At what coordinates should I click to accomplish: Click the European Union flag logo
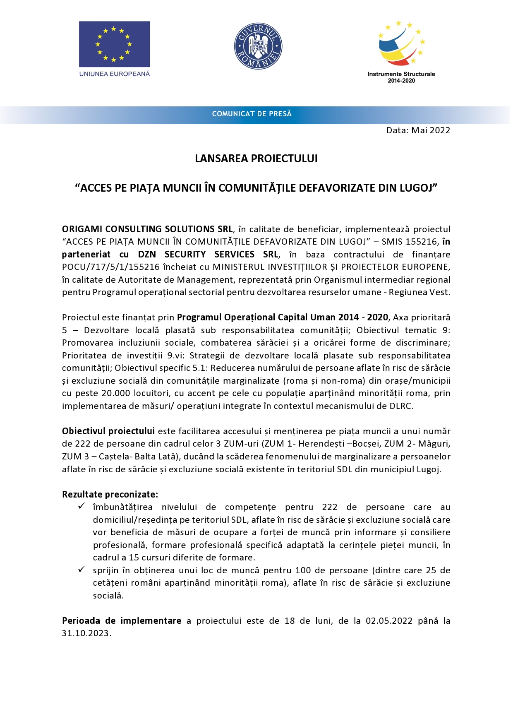[x=114, y=44]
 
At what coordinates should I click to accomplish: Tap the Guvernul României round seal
[x=258, y=46]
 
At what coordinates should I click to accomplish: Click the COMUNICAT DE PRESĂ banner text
[x=252, y=114]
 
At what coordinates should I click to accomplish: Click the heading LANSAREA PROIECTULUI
[x=256, y=159]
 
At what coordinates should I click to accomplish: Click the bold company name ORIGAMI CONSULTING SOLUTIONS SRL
[x=147, y=229]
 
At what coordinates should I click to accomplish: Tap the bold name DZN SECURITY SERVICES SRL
[x=208, y=255]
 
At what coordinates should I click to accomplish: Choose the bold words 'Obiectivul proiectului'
[x=108, y=431]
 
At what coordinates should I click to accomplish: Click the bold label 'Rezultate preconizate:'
[x=110, y=494]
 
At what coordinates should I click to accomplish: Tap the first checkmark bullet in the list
[x=82, y=506]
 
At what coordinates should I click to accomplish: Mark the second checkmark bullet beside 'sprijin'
[x=82, y=570]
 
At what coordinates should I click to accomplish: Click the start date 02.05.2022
[x=389, y=621]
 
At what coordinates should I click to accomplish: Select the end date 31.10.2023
[x=86, y=633]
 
